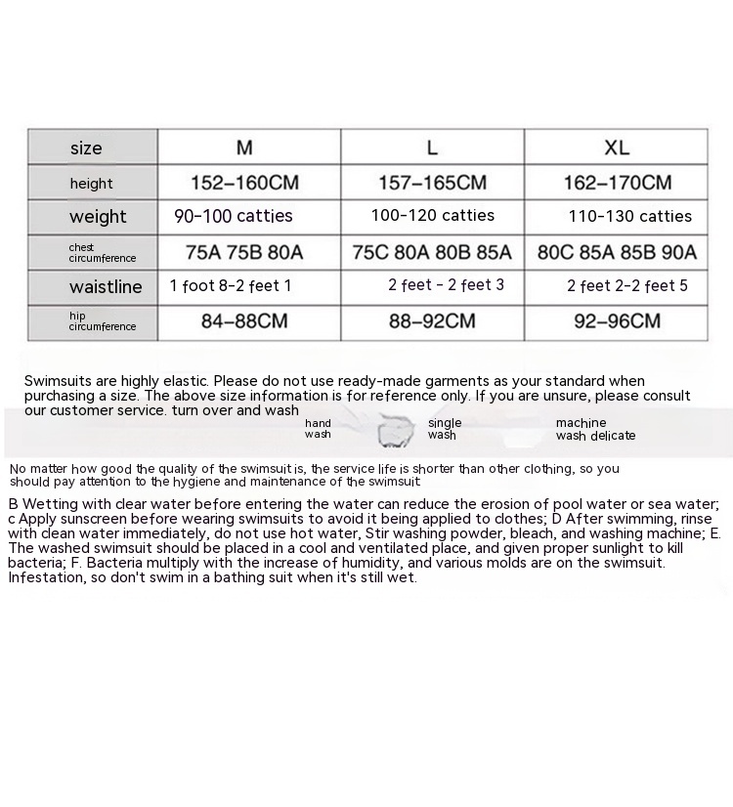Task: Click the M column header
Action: point(244,148)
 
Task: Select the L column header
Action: point(432,148)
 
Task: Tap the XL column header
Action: point(617,148)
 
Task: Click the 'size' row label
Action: point(86,149)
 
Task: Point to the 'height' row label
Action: point(91,184)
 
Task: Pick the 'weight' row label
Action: point(98,217)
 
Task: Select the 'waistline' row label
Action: point(106,287)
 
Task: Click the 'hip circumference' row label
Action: point(102,321)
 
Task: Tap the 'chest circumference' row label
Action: point(102,253)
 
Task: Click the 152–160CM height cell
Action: point(244,183)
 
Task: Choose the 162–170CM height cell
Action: point(618,183)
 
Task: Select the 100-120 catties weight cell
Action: point(432,216)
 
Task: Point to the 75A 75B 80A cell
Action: point(244,252)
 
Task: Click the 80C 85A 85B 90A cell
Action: point(618,252)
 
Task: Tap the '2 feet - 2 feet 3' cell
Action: point(446,285)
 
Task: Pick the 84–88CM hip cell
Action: point(244,320)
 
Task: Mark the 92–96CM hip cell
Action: point(618,320)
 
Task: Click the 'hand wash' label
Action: point(318,429)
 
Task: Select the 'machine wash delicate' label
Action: point(595,430)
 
